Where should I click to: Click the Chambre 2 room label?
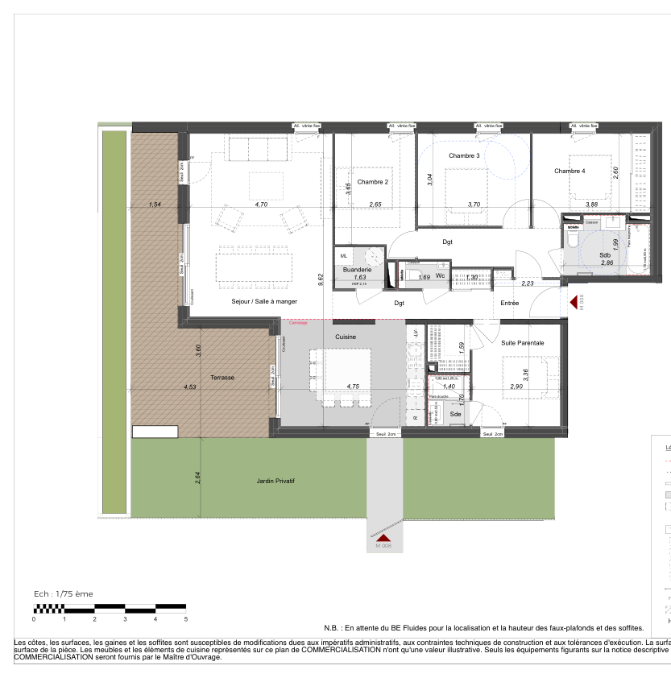tap(372, 182)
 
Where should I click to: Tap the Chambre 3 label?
tap(464, 155)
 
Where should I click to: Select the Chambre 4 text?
tap(570, 171)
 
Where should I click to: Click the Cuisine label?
tap(346, 337)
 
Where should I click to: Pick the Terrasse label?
tap(222, 377)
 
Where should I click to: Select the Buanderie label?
tap(357, 270)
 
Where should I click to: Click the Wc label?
tap(440, 275)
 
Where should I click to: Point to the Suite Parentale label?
tap(522, 343)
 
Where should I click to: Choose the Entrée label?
tap(509, 304)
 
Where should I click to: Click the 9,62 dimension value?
tap(321, 278)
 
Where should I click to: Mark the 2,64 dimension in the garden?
tap(197, 477)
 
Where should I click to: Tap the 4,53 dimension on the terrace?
tap(190, 387)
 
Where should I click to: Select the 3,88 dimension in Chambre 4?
tap(592, 205)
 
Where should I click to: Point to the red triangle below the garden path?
tap(383, 537)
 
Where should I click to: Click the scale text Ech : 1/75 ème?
tap(63, 593)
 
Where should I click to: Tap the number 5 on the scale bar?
tap(186, 619)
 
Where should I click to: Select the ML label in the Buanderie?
tap(344, 255)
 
